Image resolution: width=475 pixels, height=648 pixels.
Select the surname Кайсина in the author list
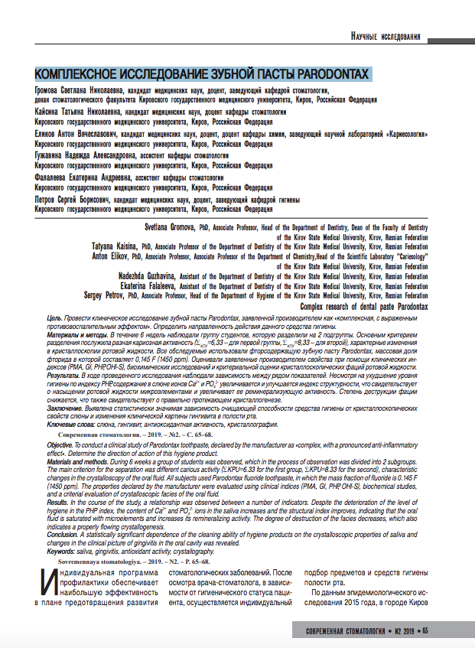click(x=51, y=112)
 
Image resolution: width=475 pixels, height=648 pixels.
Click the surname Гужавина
click(x=54, y=155)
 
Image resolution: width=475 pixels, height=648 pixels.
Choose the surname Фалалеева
click(x=55, y=177)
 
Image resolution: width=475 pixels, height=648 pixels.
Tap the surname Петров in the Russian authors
click(x=49, y=199)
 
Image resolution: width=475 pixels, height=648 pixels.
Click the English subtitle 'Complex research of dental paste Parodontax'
click(x=363, y=305)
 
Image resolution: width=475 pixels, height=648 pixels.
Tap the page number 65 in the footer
click(x=426, y=631)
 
